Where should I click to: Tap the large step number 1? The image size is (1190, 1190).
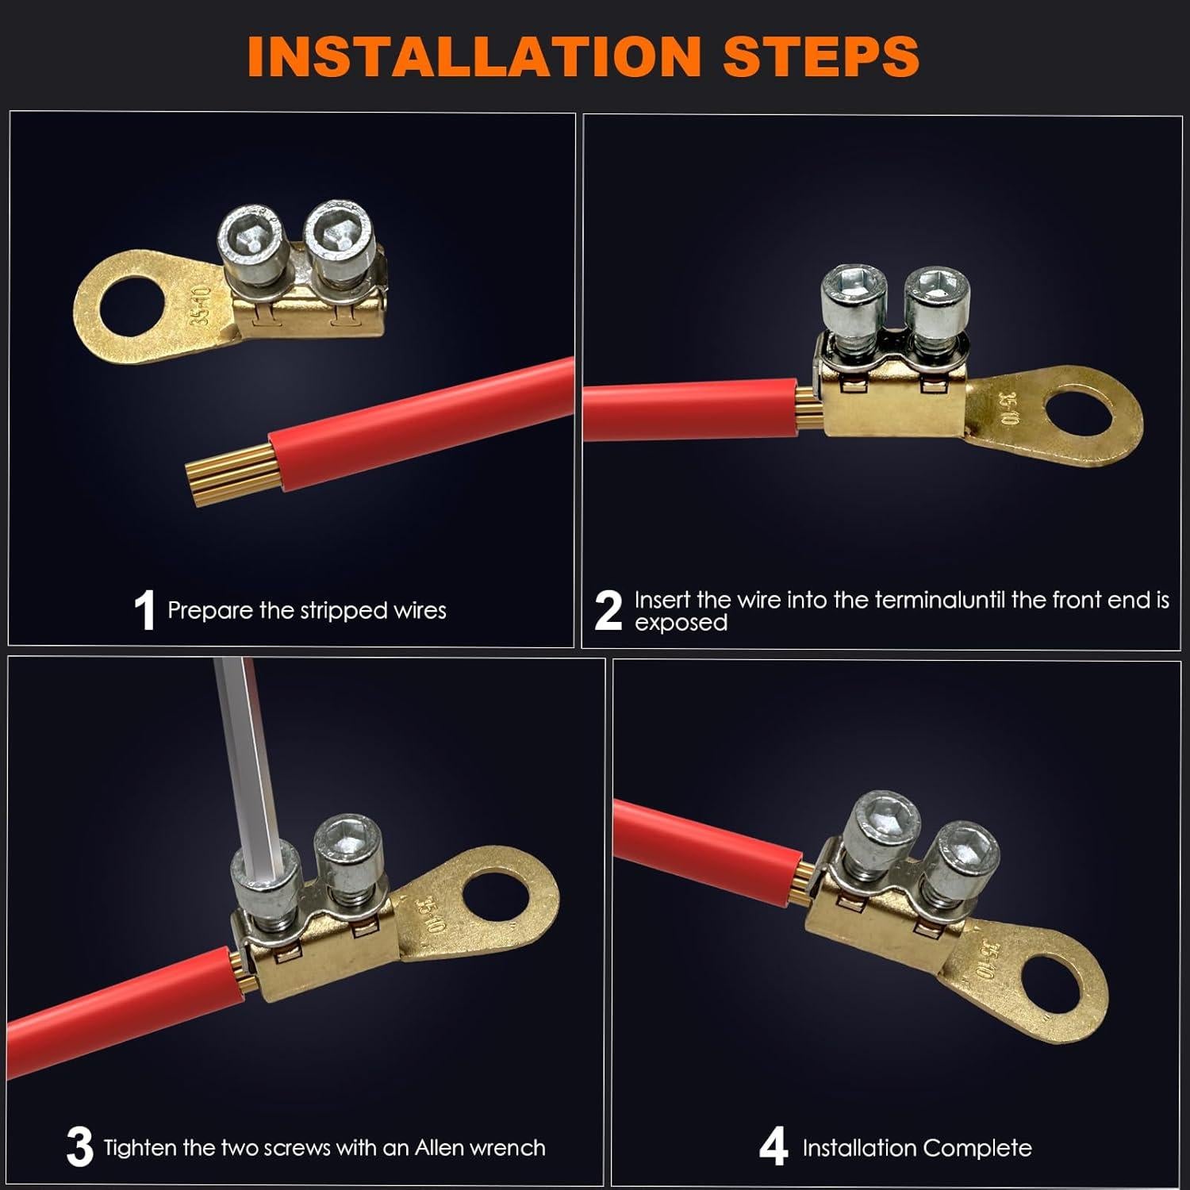[144, 611]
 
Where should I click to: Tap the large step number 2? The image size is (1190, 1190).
[608, 611]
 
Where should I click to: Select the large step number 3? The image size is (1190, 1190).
[79, 1147]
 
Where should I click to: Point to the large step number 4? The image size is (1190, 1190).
[773, 1147]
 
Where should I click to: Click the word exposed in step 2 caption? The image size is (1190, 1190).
[681, 623]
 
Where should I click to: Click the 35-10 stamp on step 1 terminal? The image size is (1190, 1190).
[202, 306]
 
